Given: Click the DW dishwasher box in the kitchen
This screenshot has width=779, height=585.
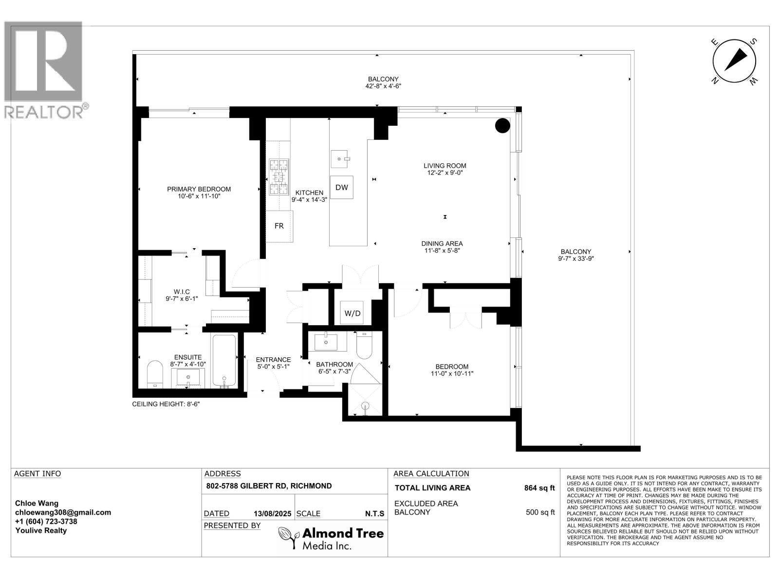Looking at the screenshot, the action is pyautogui.click(x=341, y=187).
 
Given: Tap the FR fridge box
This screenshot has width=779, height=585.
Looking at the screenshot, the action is pyautogui.click(x=279, y=226).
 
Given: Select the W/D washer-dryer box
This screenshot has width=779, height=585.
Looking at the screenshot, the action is pyautogui.click(x=352, y=312).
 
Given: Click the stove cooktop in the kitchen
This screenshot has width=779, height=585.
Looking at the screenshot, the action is pyautogui.click(x=279, y=177).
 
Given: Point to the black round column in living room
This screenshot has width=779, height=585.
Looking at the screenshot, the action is pyautogui.click(x=502, y=125).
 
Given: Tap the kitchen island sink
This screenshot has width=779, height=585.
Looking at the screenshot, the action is pyautogui.click(x=340, y=159).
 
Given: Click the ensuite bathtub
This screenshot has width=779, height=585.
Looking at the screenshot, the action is pyautogui.click(x=224, y=361).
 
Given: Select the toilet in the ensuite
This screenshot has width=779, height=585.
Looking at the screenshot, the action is pyautogui.click(x=155, y=374).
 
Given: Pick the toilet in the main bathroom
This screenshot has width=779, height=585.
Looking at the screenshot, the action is pyautogui.click(x=364, y=345).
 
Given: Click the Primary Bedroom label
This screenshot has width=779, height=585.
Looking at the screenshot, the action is pyautogui.click(x=199, y=189).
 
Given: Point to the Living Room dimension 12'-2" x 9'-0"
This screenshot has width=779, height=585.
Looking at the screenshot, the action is pyautogui.click(x=445, y=173).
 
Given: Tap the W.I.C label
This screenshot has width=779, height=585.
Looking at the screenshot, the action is pyautogui.click(x=182, y=292).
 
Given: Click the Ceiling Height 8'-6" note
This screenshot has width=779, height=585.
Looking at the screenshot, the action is pyautogui.click(x=166, y=404).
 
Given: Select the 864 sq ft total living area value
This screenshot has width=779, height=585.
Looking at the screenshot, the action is pyautogui.click(x=539, y=488).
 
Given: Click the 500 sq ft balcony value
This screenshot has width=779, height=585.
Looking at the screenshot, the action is pyautogui.click(x=540, y=512).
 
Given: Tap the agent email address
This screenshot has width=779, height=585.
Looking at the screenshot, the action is pyautogui.click(x=63, y=512).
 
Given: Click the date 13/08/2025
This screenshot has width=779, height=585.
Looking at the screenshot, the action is pyautogui.click(x=272, y=514).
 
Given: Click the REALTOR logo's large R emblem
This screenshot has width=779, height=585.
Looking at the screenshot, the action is pyautogui.click(x=43, y=61).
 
